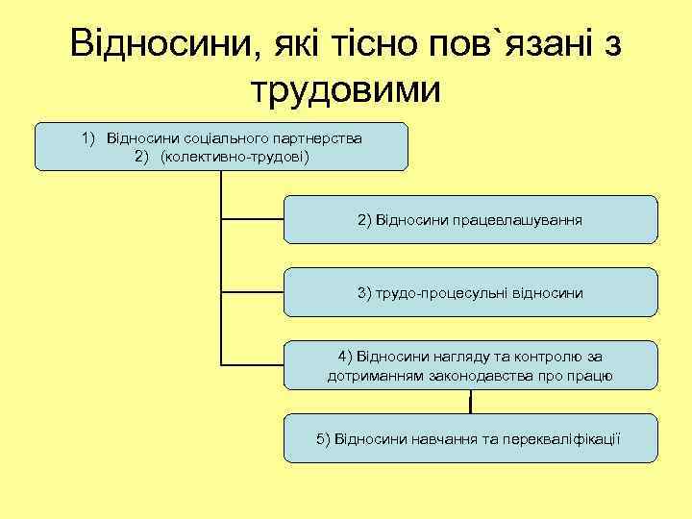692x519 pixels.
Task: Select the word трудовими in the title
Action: (x=346, y=90)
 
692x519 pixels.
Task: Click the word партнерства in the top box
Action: (x=319, y=138)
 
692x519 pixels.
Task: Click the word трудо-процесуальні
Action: (x=443, y=292)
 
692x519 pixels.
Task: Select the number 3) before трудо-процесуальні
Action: (x=365, y=292)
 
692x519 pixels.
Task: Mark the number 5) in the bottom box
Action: (x=324, y=438)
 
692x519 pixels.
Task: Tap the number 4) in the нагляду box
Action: (x=347, y=357)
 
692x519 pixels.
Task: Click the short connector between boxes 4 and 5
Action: (x=470, y=402)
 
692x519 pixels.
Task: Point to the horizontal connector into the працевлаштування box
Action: (x=253, y=220)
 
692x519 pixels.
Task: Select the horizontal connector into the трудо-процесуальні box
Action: (x=253, y=292)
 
